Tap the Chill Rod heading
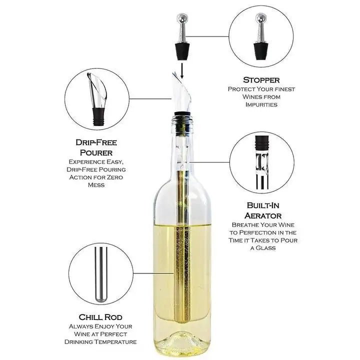100,317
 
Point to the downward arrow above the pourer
182,69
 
